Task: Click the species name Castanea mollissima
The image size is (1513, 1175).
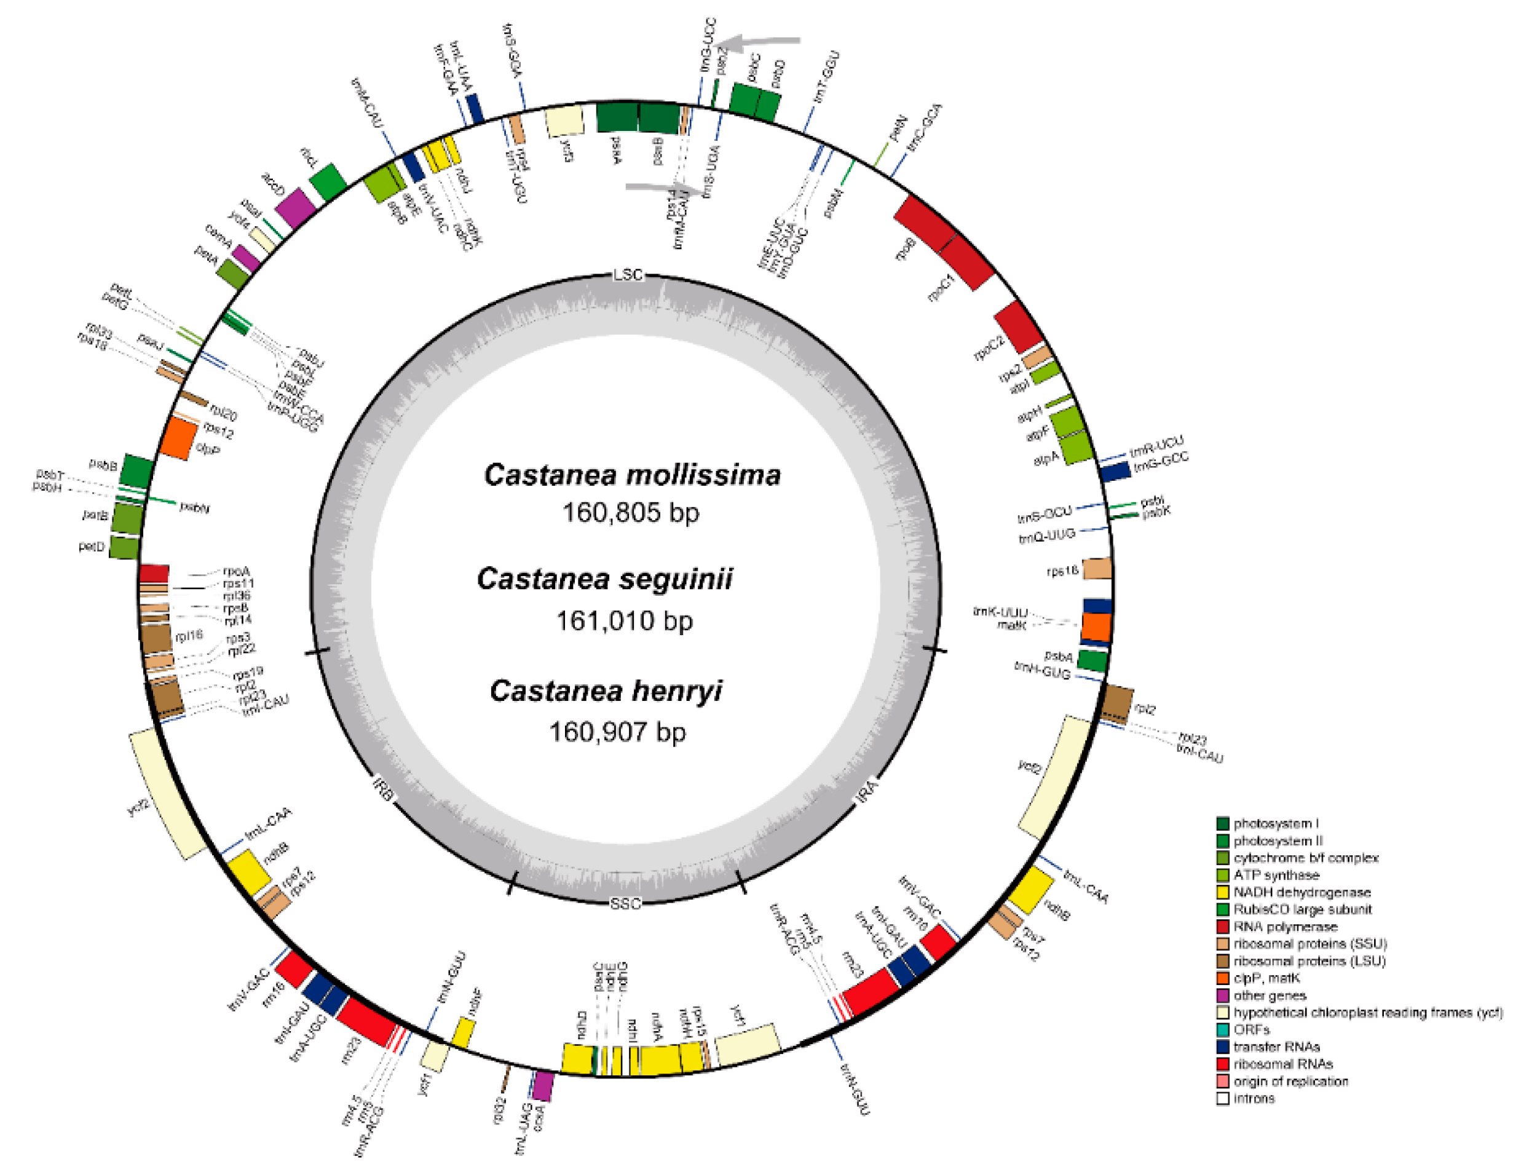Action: click(x=632, y=475)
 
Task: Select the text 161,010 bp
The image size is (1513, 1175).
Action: click(x=624, y=621)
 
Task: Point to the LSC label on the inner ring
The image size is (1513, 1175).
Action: click(x=628, y=275)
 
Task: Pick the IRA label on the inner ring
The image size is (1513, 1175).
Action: click(x=867, y=791)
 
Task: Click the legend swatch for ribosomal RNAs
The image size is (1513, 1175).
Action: click(x=1223, y=1064)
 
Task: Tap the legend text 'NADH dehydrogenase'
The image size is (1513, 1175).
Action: click(x=1302, y=892)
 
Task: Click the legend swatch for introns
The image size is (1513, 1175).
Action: click(x=1223, y=1098)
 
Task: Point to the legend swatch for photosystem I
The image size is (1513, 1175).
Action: click(x=1223, y=823)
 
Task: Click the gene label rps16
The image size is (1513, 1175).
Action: click(x=1062, y=572)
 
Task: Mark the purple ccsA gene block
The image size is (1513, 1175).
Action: click(x=544, y=1086)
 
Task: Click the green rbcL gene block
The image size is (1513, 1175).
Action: click(x=328, y=183)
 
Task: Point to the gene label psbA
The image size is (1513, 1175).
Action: click(x=1059, y=655)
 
